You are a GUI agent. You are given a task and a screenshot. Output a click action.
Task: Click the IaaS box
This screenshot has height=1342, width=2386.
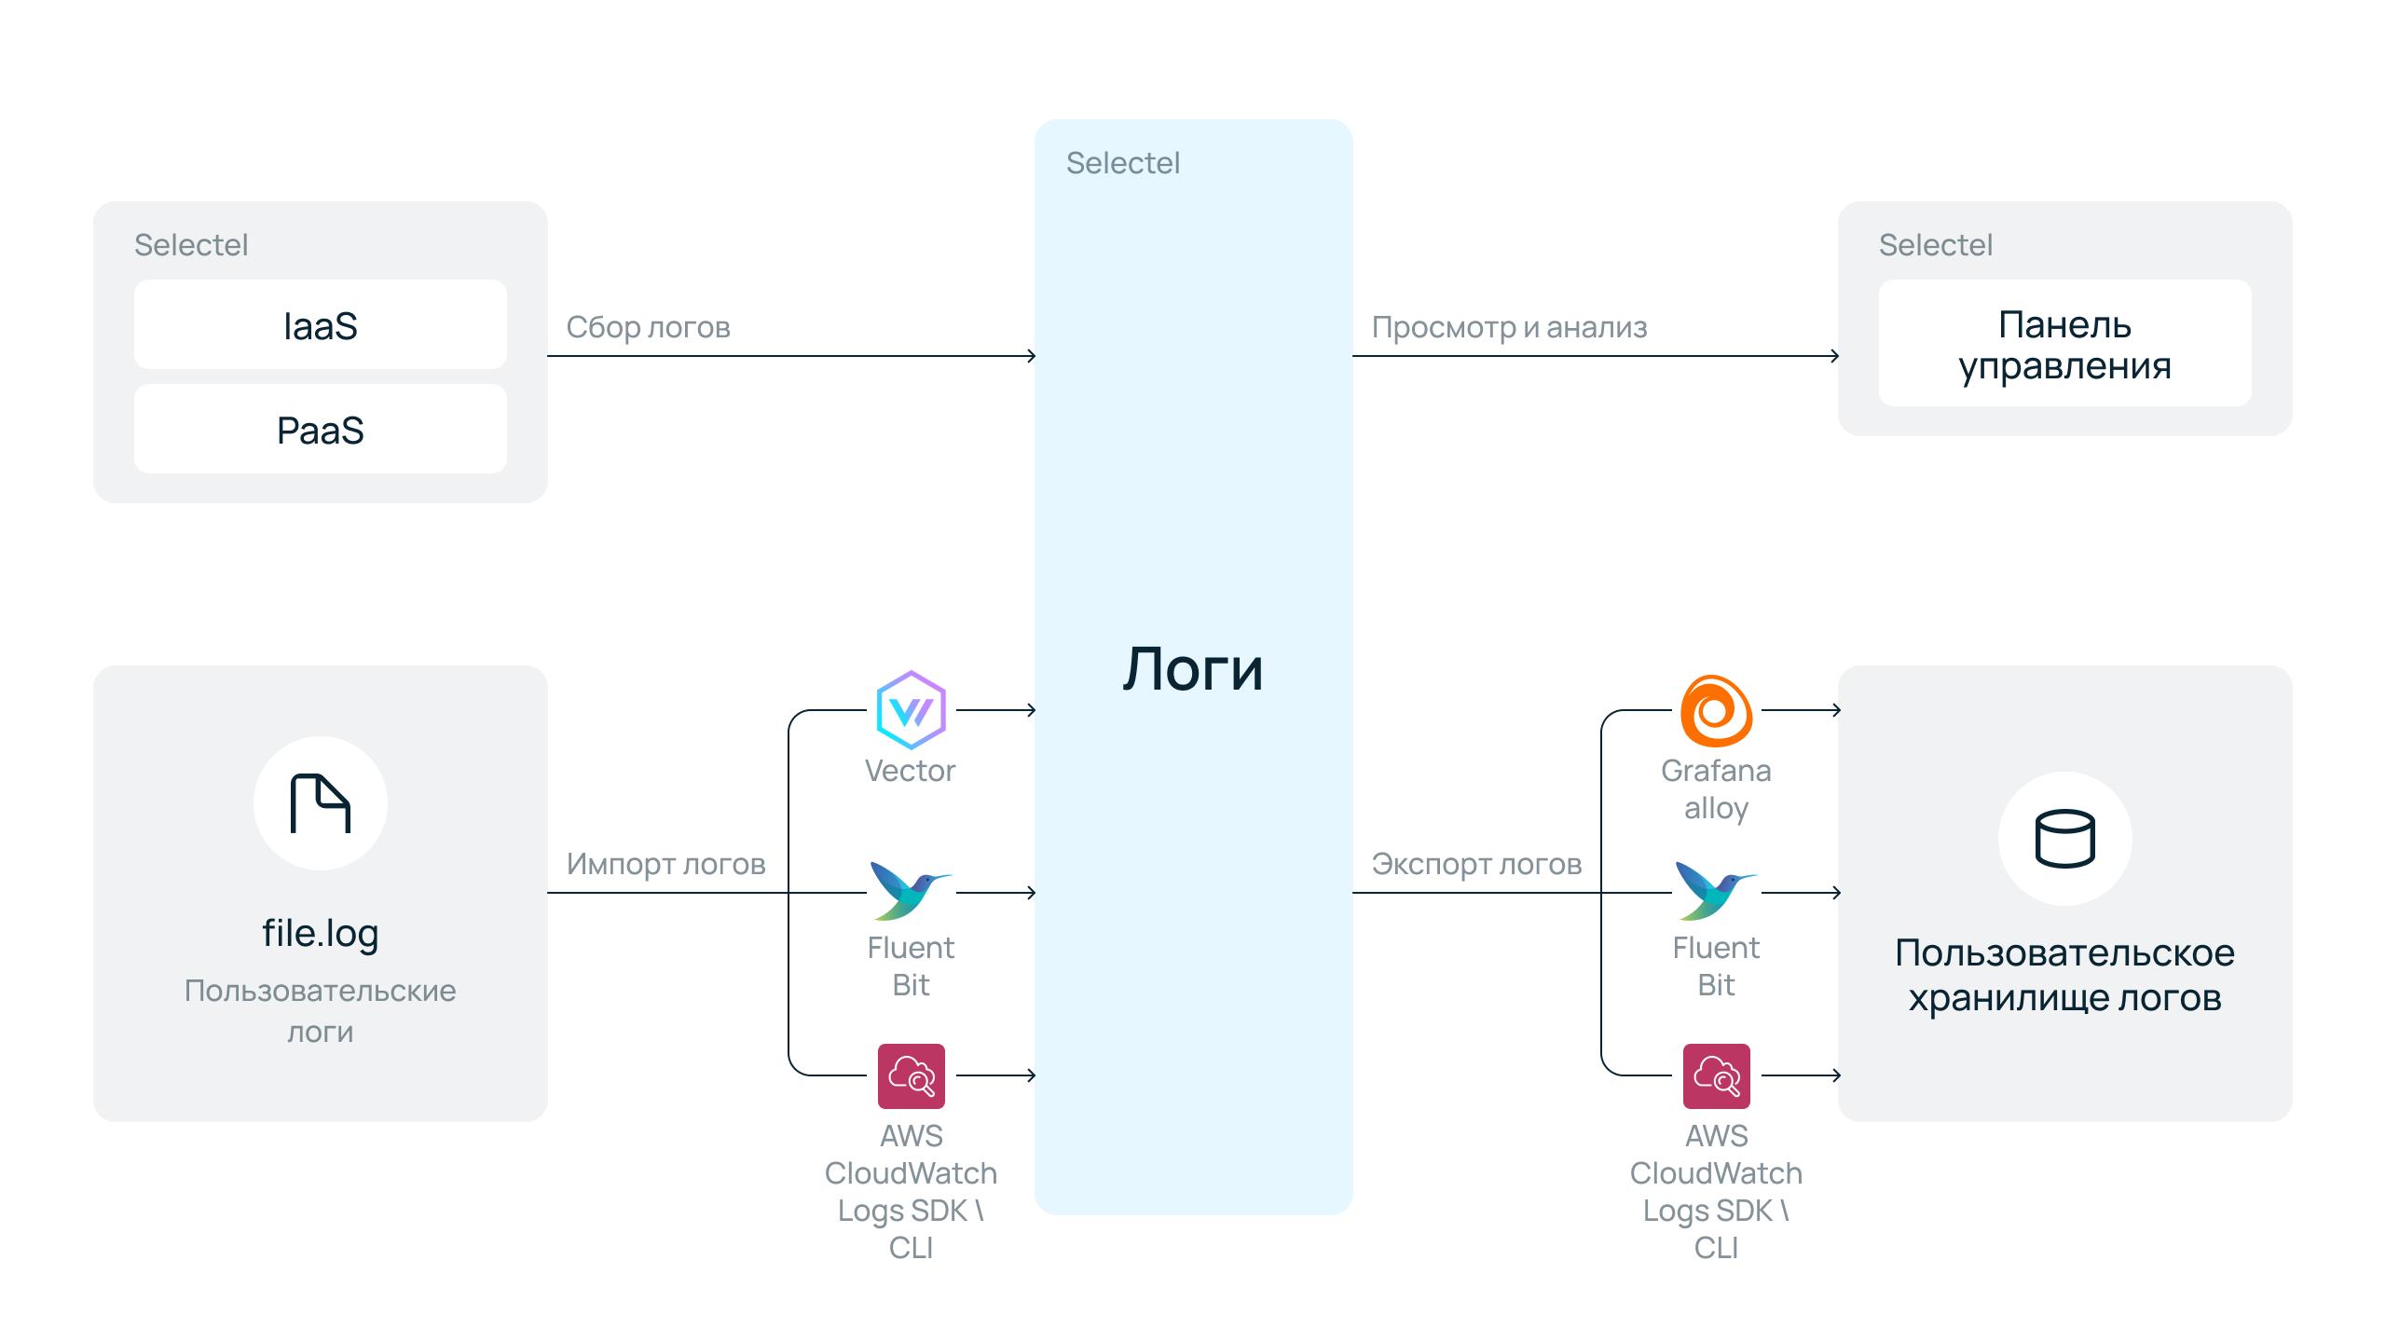pos(320,325)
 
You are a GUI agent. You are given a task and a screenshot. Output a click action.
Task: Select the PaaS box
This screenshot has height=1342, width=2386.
pos(320,430)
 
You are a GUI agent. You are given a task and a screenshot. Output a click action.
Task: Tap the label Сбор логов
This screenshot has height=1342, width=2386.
pos(648,327)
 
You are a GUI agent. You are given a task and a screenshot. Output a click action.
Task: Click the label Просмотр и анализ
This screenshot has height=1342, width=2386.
pos(1509,327)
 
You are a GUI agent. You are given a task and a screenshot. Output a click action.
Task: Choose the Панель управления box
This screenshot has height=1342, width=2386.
pos(2064,344)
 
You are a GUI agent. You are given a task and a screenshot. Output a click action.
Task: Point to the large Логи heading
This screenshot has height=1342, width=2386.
pos(1193,669)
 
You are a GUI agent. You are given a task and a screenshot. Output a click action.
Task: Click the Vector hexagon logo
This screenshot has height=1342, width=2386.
pos(911,710)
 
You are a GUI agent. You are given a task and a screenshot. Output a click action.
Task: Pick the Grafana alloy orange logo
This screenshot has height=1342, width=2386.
pos(1716,711)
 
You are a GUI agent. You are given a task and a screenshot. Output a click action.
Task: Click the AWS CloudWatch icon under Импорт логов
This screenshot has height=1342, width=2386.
pos(911,1076)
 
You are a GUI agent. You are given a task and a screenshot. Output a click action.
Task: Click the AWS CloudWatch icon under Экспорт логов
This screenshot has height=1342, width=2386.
pos(1716,1076)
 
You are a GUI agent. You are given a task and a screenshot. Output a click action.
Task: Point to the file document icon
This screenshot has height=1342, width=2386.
pos(320,803)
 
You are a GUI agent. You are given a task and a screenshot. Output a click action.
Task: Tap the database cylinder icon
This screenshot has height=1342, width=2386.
pos(2064,839)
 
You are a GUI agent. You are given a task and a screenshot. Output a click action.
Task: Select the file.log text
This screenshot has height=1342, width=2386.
pos(320,933)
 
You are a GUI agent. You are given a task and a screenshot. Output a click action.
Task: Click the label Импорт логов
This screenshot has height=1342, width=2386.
pos(665,864)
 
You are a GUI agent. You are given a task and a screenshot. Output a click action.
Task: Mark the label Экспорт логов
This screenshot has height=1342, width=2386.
pos(1476,864)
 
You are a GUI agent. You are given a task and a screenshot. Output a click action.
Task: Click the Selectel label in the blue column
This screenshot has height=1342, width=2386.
pos(1122,163)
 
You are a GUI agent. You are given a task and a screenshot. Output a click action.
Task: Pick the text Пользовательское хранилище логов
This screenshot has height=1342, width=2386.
pos(2064,975)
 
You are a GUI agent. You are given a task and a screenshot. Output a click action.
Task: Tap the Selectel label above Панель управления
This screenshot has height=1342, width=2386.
pos(1935,245)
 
